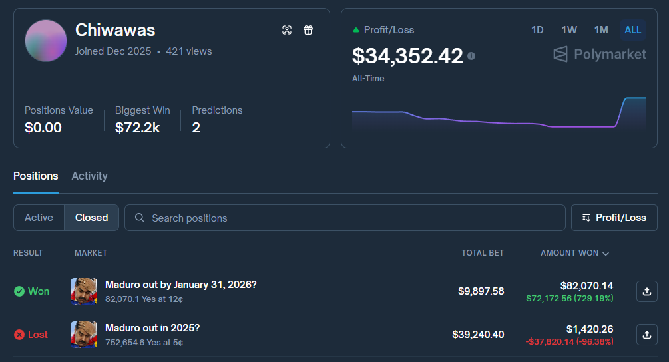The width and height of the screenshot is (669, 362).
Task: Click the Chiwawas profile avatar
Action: pyautogui.click(x=46, y=41)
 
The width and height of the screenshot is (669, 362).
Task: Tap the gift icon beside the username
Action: pyautogui.click(x=308, y=30)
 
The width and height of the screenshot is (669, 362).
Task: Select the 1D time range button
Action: pyautogui.click(x=537, y=30)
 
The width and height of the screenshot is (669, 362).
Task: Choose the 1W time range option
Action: pyautogui.click(x=569, y=30)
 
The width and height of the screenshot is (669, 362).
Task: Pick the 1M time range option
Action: pyautogui.click(x=601, y=30)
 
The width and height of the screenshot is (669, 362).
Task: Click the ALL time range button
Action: pyautogui.click(x=633, y=30)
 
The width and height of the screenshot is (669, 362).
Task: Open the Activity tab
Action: pyautogui.click(x=89, y=176)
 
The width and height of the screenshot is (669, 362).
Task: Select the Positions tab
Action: pyautogui.click(x=36, y=176)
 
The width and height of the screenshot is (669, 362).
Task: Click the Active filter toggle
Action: pyautogui.click(x=39, y=218)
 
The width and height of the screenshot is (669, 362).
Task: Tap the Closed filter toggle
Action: pyautogui.click(x=91, y=218)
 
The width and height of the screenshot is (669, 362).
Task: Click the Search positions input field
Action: pyautogui.click(x=346, y=218)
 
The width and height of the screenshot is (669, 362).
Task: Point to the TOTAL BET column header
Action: pyautogui.click(x=483, y=253)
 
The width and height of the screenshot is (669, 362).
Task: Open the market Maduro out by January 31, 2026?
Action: pyautogui.click(x=181, y=285)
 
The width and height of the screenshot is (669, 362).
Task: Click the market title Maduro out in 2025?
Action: pyautogui.click(x=152, y=328)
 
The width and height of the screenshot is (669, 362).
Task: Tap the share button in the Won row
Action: pyautogui.click(x=646, y=291)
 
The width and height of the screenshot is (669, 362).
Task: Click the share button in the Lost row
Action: pyautogui.click(x=646, y=335)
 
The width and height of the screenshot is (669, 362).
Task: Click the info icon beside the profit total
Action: pyautogui.click(x=471, y=57)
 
